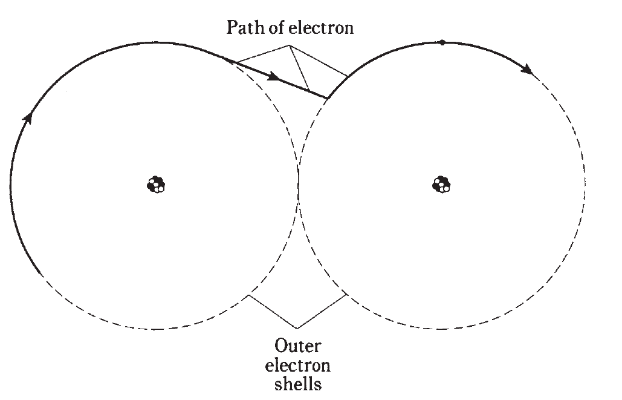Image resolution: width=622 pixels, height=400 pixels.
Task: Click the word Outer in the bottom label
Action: pyautogui.click(x=297, y=346)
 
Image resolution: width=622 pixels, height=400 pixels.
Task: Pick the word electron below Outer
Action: pyautogui.click(x=297, y=365)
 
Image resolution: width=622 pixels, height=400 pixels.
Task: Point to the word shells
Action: pyautogui.click(x=298, y=384)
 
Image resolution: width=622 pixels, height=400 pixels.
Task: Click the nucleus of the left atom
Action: pyautogui.click(x=156, y=185)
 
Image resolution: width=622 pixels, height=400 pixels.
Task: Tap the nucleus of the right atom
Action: pyautogui.click(x=441, y=185)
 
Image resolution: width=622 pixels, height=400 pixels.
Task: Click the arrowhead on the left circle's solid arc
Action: pyautogui.click(x=28, y=117)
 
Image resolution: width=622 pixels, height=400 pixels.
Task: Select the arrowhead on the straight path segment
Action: pyautogui.click(x=274, y=76)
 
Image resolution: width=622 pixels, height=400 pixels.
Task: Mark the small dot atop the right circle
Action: pyautogui.click(x=442, y=42)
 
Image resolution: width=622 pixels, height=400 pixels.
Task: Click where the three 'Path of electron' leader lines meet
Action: pyautogui.click(x=290, y=45)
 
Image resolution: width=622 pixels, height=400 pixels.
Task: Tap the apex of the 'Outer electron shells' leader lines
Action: pyautogui.click(x=297, y=329)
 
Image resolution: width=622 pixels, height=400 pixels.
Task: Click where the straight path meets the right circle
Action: pyautogui.click(x=328, y=97)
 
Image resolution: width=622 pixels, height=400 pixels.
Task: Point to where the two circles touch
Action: pyautogui.click(x=299, y=185)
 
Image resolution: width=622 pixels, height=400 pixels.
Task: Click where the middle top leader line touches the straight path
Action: pyautogui.click(x=309, y=91)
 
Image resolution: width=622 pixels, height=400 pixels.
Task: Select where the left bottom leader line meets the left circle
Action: pyautogui.click(x=248, y=295)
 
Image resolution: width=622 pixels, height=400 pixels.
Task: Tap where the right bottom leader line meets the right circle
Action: pyautogui.click(x=347, y=294)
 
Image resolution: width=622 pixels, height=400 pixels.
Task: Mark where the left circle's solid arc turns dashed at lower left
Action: pyautogui.click(x=40, y=274)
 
